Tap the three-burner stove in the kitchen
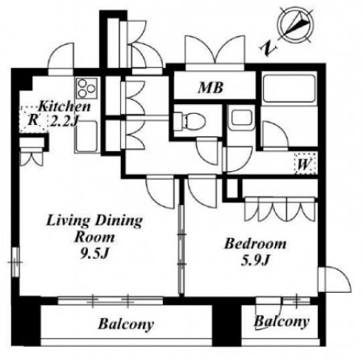(86, 88)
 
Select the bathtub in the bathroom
(289, 88)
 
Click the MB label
(211, 88)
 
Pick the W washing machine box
(306, 164)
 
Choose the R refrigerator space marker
(33, 119)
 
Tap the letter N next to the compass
(269, 49)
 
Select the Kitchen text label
(64, 106)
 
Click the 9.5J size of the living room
(94, 253)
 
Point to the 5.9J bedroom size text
(255, 260)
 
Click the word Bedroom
(255, 244)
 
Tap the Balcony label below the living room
(126, 324)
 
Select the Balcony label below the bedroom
(282, 322)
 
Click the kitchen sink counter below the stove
(86, 136)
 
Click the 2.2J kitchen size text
(65, 121)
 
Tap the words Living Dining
(94, 221)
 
